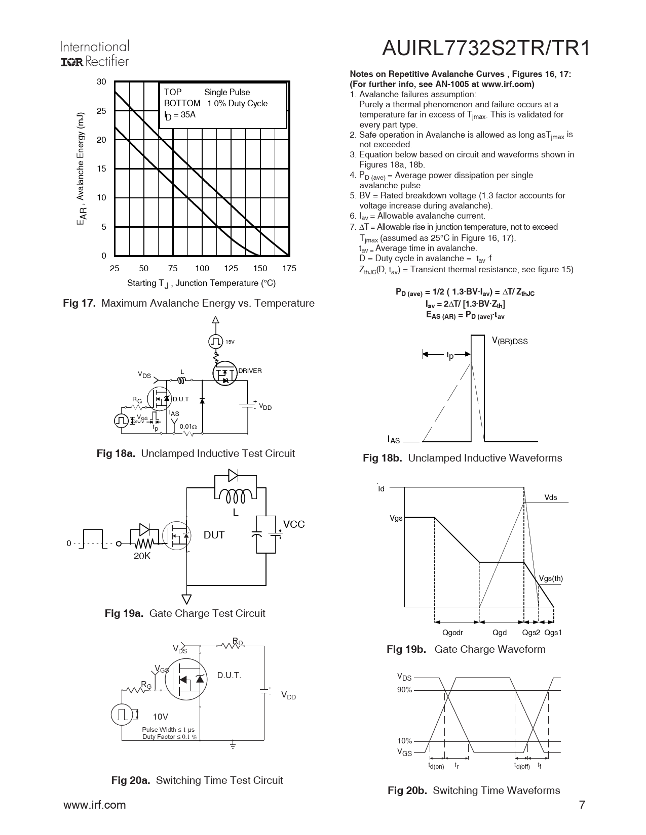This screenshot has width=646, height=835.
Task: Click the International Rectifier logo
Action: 94,54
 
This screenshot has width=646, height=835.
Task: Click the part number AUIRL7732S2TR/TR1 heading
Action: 486,49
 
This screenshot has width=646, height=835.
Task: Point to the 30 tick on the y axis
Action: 101,82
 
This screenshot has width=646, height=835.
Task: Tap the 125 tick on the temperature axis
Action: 231,268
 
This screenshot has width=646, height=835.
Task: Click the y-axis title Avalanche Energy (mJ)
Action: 82,169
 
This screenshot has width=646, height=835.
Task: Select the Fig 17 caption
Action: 188,303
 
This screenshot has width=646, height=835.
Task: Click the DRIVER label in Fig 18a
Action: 250,371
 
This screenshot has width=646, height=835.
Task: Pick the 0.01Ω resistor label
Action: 188,426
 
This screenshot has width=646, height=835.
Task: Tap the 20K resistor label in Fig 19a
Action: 142,556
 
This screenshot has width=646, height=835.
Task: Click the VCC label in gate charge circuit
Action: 294,524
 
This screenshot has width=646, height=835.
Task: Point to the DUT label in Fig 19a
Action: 214,535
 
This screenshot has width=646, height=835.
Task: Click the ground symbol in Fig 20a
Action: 233,745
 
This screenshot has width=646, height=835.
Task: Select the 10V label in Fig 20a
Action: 161,717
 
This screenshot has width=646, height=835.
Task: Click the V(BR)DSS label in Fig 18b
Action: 510,341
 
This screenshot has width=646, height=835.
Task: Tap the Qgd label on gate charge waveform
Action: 500,632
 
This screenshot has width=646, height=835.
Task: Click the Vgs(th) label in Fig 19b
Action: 551,578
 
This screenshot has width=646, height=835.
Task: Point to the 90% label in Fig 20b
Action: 404,690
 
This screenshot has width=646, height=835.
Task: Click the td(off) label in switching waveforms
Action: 521,766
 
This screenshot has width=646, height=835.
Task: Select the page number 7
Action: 582,805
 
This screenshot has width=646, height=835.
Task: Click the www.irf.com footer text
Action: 94,805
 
